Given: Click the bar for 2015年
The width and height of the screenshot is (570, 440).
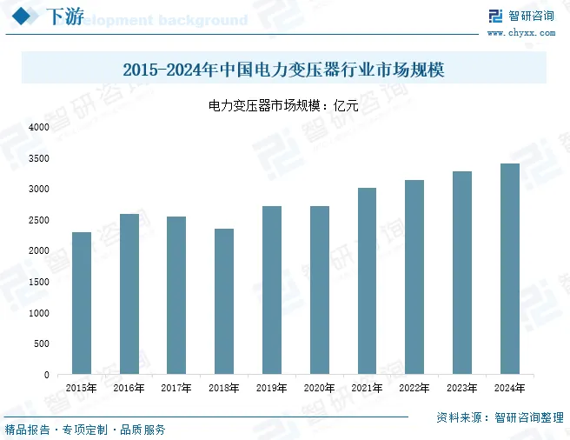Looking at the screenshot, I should point(82,303).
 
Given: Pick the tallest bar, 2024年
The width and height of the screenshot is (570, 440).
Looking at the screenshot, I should point(509,269).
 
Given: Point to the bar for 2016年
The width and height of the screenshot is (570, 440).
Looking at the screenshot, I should point(129,294).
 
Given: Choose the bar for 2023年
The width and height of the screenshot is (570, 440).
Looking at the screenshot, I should point(462,273).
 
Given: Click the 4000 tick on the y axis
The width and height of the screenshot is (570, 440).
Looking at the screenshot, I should point(39,127).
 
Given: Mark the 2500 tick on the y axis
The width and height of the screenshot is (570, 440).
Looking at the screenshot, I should point(39,220).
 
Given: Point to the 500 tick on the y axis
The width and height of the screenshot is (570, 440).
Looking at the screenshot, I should point(42,344).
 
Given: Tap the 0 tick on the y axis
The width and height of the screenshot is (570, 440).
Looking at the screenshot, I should point(47,375).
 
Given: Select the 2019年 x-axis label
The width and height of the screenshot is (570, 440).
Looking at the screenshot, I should point(272,389).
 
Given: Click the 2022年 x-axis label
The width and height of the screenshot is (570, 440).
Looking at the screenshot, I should point(414,389).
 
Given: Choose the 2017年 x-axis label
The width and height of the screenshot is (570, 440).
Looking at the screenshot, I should point(176,389).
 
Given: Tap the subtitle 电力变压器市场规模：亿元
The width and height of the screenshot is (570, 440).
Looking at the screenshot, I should point(284,105).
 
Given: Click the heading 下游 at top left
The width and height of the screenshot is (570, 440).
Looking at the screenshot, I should point(63,17).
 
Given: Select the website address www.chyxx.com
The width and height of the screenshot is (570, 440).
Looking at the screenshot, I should point(521,32).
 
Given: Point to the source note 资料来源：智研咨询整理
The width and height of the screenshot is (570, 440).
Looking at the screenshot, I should point(500,417).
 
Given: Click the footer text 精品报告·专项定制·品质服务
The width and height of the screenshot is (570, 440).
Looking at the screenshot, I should point(85,430).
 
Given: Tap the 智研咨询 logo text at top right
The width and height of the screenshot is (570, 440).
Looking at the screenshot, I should point(532,16).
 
